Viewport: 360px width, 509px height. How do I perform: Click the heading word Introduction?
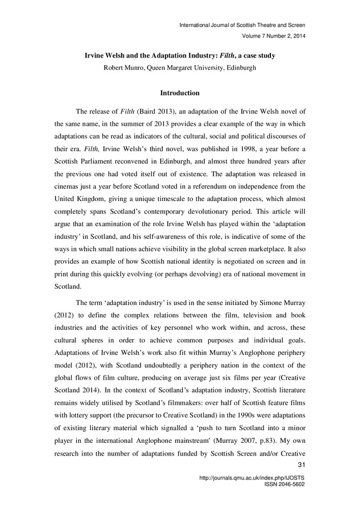click(x=180, y=93)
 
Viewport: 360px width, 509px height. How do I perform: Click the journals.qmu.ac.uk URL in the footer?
click(x=252, y=478)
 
